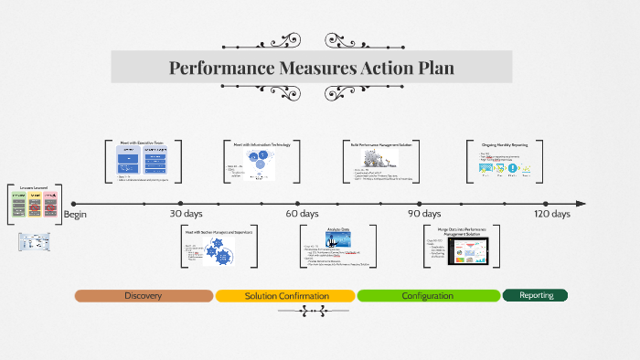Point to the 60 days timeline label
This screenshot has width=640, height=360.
[x=302, y=214]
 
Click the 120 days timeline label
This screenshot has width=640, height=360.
[x=552, y=214]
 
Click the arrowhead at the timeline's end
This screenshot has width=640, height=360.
[x=580, y=203]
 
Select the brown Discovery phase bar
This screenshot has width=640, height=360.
[x=144, y=296]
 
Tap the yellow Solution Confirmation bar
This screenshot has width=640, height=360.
[x=285, y=296]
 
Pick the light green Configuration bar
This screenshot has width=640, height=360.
[x=428, y=296]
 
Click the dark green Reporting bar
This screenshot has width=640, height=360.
[x=536, y=295]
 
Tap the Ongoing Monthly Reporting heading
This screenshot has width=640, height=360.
[x=505, y=143]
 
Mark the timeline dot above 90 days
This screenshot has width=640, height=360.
[x=420, y=203]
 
